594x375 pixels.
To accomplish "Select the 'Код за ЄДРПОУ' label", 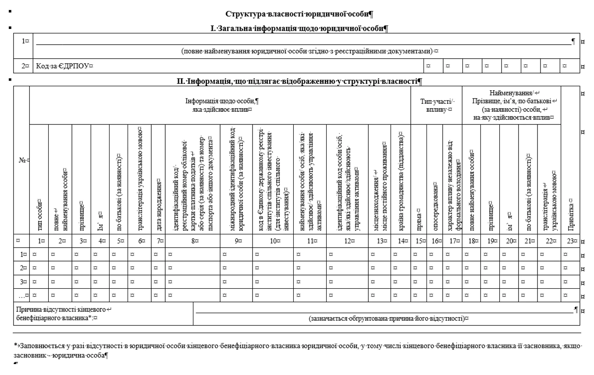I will point(65,66).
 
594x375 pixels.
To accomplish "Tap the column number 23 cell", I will point(569,241).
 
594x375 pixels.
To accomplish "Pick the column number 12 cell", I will point(347,241).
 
